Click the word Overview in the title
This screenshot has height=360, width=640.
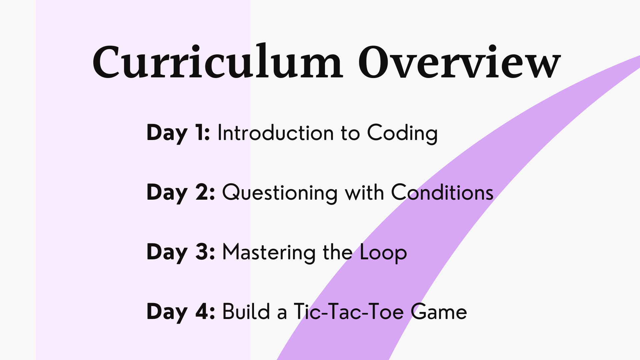[x=459, y=63]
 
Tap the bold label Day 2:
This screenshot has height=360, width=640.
[x=181, y=193]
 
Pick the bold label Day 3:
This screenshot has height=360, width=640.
[x=181, y=252]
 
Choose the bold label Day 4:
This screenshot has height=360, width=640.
[x=181, y=312]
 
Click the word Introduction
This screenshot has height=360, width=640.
[x=276, y=133]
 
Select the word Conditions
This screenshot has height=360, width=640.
[x=442, y=192]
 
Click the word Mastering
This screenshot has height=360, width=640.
[x=269, y=252]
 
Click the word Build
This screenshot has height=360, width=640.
[x=246, y=312]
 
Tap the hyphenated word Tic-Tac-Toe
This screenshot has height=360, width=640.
[x=349, y=312]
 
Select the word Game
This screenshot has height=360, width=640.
[x=439, y=312]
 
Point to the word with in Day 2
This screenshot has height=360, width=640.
[x=364, y=192]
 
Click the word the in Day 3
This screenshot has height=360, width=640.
[x=338, y=252]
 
